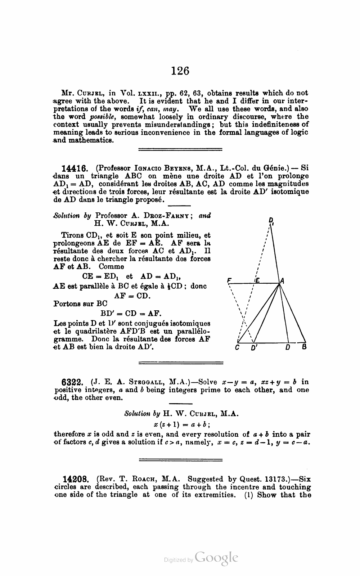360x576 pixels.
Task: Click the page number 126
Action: (180, 71)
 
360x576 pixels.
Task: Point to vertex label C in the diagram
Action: (237, 348)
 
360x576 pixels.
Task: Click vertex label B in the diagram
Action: (305, 347)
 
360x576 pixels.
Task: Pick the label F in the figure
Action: (229, 280)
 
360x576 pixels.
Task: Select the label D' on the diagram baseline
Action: (254, 348)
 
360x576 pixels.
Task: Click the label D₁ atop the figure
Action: (271, 221)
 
